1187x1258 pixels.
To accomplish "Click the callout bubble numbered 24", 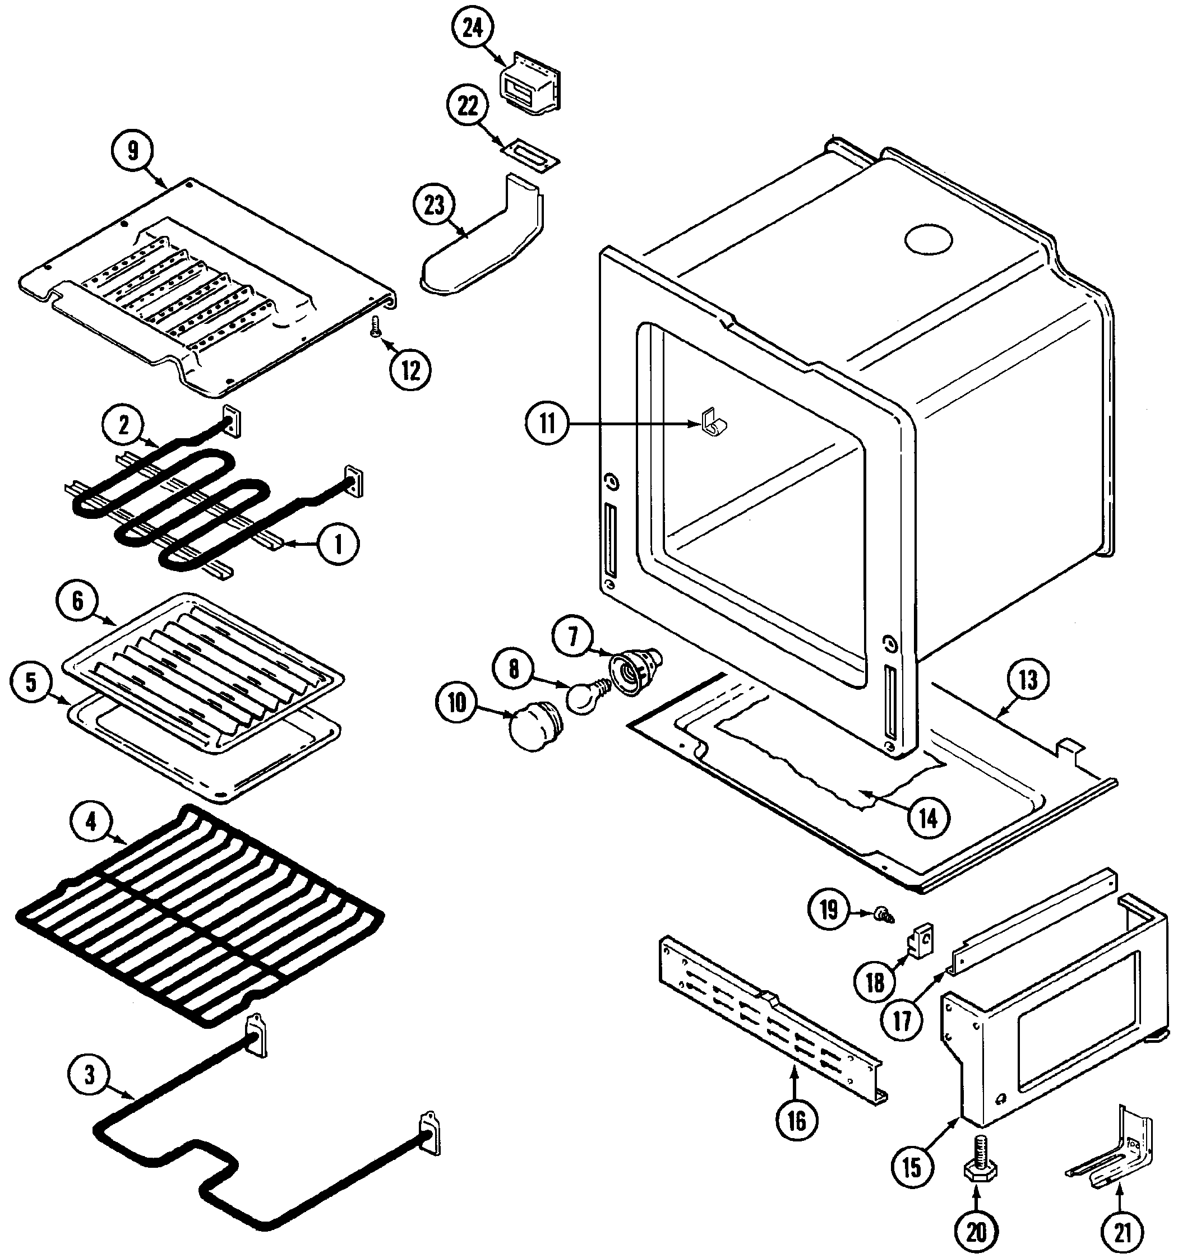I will pyautogui.click(x=473, y=29).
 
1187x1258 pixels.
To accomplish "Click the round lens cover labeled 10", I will pyautogui.click(x=533, y=729).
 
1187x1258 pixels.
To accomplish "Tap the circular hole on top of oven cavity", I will pyautogui.click(x=928, y=240).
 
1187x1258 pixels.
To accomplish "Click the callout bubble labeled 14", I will pyautogui.click(x=928, y=819).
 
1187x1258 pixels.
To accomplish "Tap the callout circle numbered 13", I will pyautogui.click(x=1027, y=680).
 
